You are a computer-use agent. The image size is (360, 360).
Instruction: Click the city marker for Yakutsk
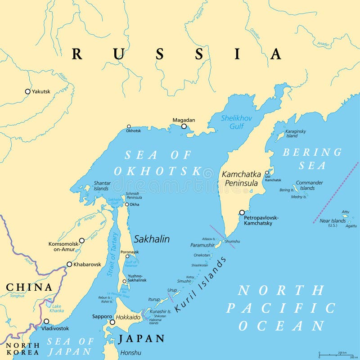(x=27, y=91)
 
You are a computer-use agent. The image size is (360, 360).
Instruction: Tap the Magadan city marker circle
(x=184, y=126)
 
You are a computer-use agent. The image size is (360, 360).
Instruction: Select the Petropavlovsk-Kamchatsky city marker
(x=242, y=212)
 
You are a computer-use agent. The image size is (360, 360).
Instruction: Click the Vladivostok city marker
(x=46, y=321)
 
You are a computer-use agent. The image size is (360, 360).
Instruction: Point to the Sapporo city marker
(x=112, y=322)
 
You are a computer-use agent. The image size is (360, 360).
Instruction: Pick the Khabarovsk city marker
(x=69, y=264)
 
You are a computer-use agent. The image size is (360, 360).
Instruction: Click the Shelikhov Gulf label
(x=236, y=122)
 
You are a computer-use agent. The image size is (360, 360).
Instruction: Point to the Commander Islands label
(x=309, y=185)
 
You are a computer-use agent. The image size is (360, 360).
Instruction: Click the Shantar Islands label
(x=102, y=186)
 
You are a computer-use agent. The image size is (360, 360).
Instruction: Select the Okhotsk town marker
(x=129, y=127)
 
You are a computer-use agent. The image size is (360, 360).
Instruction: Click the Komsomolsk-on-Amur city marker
(x=81, y=241)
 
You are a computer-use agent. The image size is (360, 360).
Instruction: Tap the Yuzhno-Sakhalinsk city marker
(x=125, y=282)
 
